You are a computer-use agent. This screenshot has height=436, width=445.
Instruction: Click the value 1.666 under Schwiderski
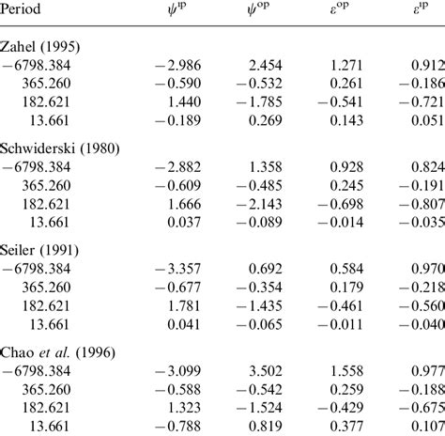tap(176, 205)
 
